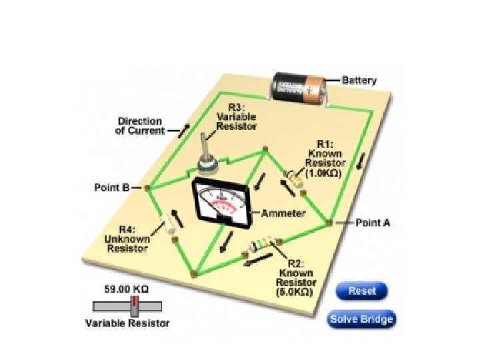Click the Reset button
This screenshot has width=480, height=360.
point(361,291)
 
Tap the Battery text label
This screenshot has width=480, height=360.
point(359,81)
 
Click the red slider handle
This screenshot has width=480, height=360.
point(135,306)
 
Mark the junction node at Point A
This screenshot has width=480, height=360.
point(330,221)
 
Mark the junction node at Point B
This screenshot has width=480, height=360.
point(147,188)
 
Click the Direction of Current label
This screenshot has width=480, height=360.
point(140,126)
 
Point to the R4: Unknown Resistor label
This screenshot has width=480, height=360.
point(126,239)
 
